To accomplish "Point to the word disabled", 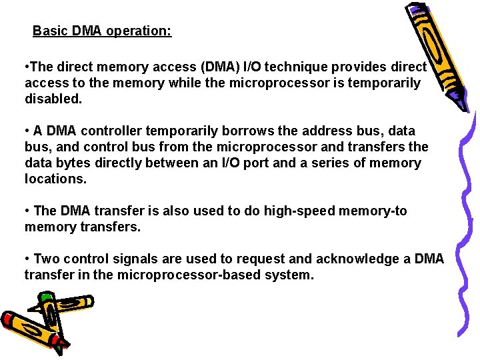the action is point(53,99).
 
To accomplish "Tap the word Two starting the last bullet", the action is point(46,259).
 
